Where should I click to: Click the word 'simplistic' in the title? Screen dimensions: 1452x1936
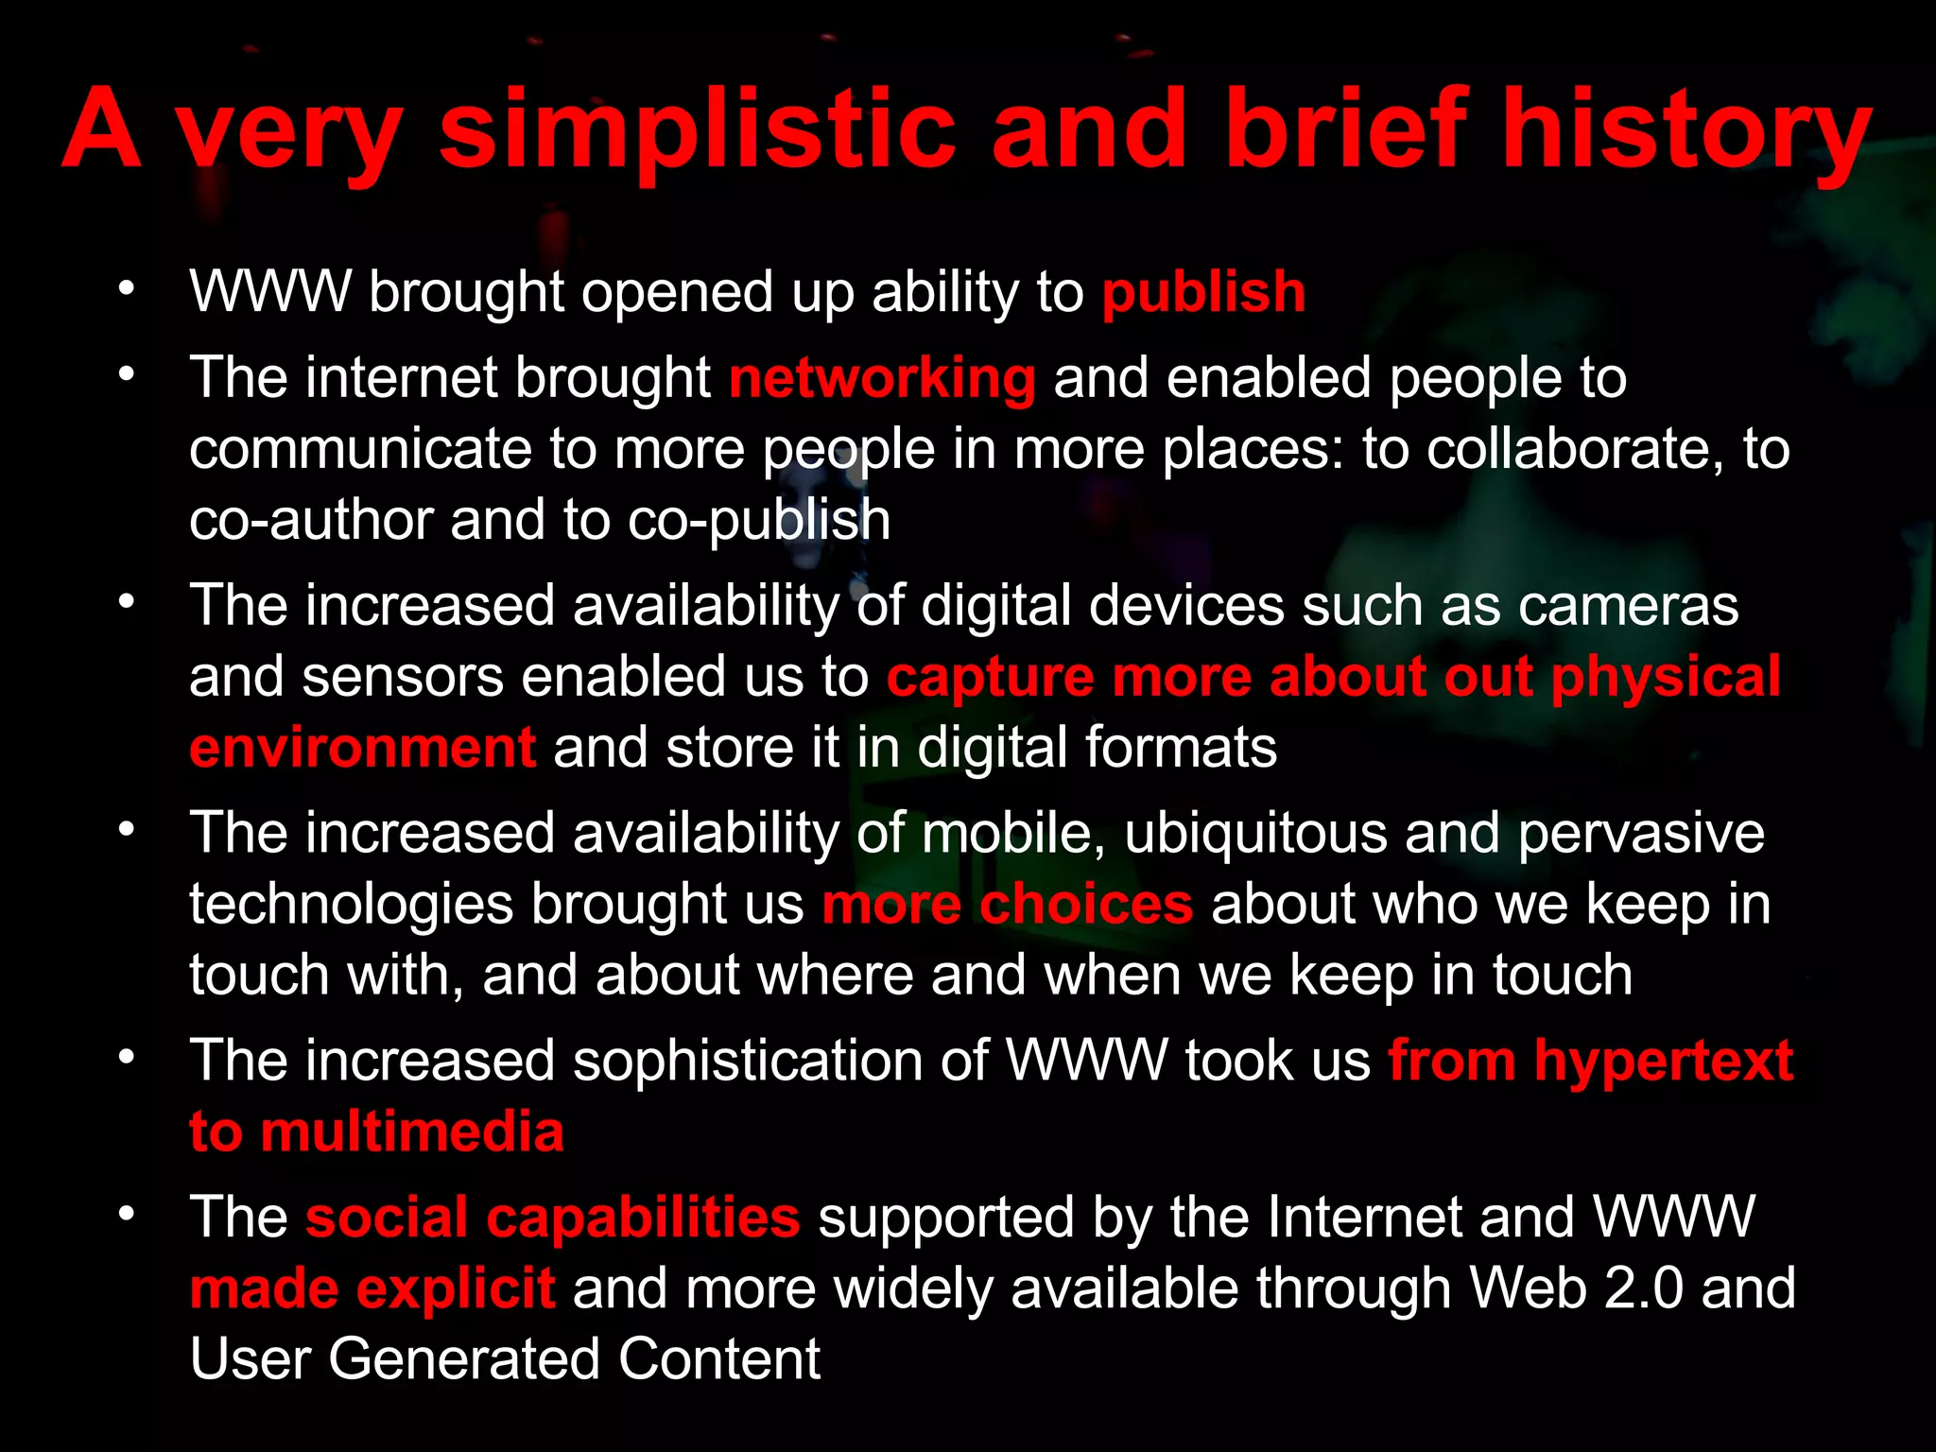click(x=698, y=130)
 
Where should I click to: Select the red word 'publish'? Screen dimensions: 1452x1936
click(x=1203, y=291)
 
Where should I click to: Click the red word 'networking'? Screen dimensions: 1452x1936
click(x=882, y=378)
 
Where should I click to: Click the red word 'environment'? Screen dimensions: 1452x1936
click(x=363, y=748)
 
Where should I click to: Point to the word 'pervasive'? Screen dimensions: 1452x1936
click(x=1641, y=833)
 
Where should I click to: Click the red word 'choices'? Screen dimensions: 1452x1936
click(x=1086, y=904)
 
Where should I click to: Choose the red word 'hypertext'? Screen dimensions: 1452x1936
click(x=1664, y=1061)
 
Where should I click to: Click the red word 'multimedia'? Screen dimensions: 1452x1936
click(x=412, y=1132)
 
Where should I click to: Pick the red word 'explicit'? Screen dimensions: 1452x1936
click(x=456, y=1288)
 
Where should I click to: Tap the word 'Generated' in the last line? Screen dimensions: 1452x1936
click(x=464, y=1359)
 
